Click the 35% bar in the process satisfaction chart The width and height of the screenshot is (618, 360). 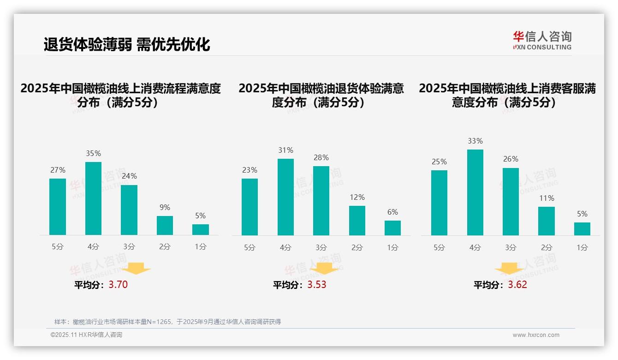pos(93,198)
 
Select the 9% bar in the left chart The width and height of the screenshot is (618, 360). pos(165,226)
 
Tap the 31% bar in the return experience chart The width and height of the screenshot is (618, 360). pos(285,197)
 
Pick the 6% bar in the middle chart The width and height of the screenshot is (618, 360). pos(392,228)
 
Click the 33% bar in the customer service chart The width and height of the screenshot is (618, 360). pos(475,192)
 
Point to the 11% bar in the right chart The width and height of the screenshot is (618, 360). pos(547,221)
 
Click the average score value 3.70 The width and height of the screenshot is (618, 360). pos(118,285)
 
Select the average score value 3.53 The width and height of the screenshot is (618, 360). pos(317,285)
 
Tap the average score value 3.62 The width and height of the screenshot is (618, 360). pos(517,285)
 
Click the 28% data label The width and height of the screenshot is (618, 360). pos(321,158)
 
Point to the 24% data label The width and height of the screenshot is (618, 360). pos(129,176)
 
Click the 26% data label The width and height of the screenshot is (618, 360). pos(511,159)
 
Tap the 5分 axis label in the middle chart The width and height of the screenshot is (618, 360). pos(250,248)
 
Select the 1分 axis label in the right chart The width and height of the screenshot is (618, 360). pos(582,248)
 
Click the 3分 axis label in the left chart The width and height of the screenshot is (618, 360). pos(129,247)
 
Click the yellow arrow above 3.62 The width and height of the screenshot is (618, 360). pos(509,269)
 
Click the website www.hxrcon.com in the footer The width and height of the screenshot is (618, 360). pos(536,335)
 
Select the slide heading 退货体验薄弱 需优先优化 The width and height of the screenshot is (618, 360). pos(127,44)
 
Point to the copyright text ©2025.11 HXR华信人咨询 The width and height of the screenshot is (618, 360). pos(86,335)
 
